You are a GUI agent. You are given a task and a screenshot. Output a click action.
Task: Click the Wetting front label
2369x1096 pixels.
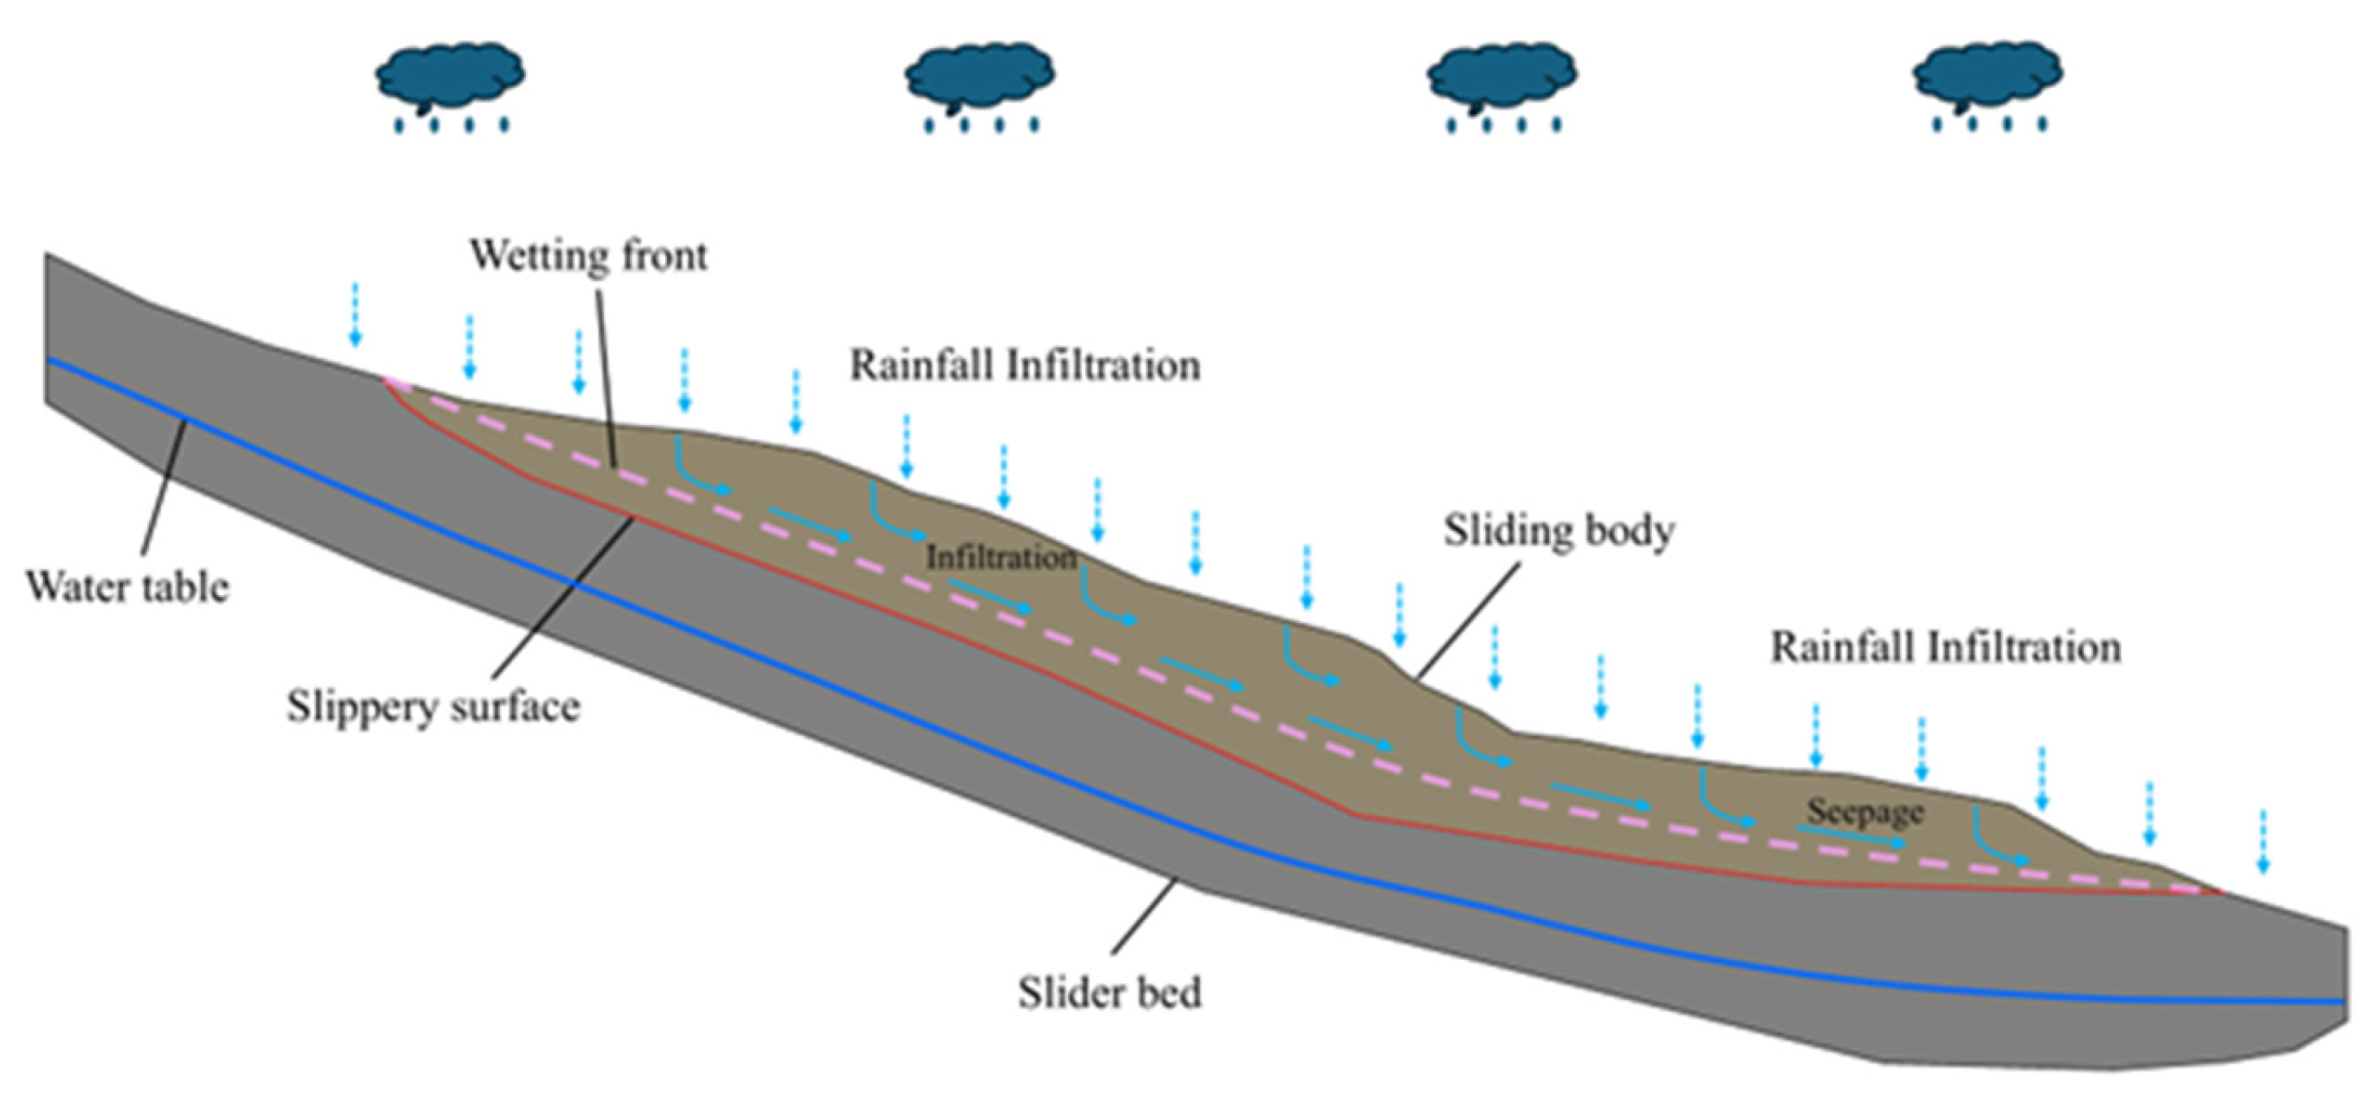pos(589,256)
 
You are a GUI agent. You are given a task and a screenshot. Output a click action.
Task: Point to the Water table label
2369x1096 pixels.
pos(127,586)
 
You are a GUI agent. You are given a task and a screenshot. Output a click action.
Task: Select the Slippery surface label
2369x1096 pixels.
pos(433,707)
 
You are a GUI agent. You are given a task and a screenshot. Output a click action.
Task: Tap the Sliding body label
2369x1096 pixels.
pos(1559,531)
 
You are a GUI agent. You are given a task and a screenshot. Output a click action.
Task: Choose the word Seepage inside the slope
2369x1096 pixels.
pos(1865,811)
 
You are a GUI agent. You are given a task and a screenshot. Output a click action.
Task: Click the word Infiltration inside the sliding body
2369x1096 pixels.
pos(1001,557)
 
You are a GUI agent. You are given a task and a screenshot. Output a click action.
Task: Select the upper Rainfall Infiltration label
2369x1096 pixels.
pos(1024,365)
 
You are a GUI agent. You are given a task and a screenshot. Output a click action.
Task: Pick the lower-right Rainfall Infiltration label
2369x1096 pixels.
pos(1946,647)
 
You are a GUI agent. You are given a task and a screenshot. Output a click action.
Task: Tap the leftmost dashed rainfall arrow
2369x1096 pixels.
pos(355,315)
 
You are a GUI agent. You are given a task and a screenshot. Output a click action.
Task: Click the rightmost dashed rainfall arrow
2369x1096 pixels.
pos(2263,841)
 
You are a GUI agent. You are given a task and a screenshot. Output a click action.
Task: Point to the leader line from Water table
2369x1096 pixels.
pos(164,487)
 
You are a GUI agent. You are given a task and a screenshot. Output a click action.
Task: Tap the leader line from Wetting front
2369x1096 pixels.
pos(606,377)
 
